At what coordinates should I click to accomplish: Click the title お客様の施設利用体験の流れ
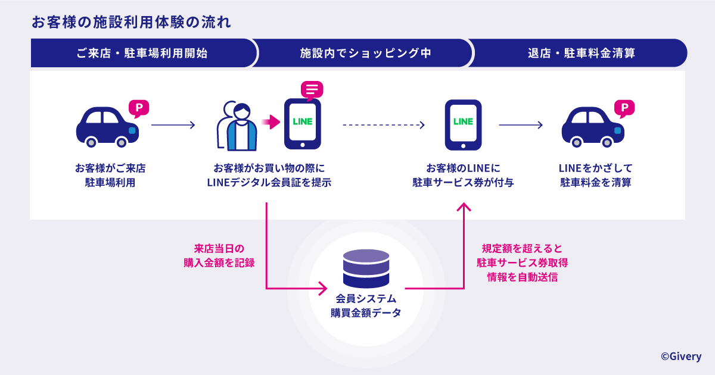click(x=131, y=23)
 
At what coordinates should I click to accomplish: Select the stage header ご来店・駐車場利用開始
click(x=142, y=53)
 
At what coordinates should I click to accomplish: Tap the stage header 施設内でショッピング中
click(x=365, y=53)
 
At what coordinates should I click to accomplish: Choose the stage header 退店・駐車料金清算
click(x=582, y=53)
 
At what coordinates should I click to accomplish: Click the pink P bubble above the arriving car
click(x=139, y=108)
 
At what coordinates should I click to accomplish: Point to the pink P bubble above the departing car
click(x=624, y=108)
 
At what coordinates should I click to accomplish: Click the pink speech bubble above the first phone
click(x=312, y=90)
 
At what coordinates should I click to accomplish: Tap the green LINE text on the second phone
click(x=463, y=121)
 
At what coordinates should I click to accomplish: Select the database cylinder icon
click(x=366, y=268)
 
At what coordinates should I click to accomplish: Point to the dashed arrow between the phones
click(x=384, y=125)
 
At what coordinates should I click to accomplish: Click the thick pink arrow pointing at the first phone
click(x=271, y=122)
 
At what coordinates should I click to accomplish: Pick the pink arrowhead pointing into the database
click(x=323, y=289)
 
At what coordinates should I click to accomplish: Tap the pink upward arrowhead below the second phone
click(x=464, y=207)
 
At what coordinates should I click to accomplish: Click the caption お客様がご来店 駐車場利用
click(x=110, y=176)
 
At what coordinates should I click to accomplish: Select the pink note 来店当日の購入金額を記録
click(x=219, y=256)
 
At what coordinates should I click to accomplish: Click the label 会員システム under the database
click(x=366, y=299)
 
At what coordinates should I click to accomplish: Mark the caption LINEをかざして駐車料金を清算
click(x=596, y=176)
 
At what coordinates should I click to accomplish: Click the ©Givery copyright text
click(x=681, y=356)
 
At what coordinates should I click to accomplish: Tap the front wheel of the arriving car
click(x=122, y=142)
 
